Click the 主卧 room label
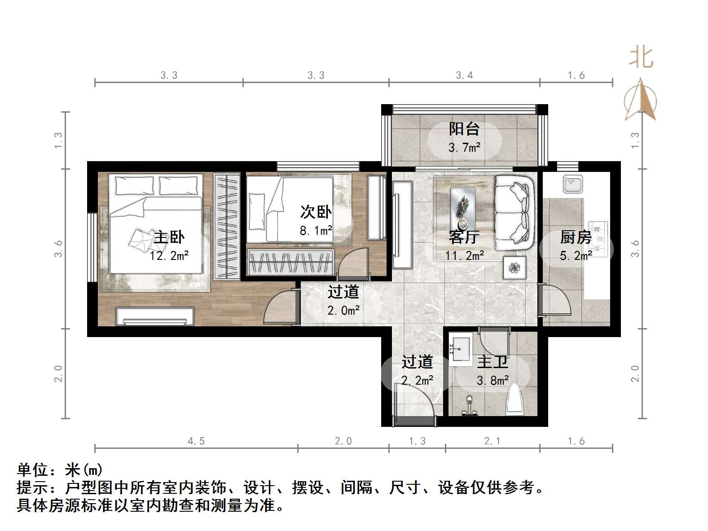(x=169, y=237)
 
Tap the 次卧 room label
(x=316, y=212)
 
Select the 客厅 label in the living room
(x=464, y=237)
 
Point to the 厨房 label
(x=576, y=237)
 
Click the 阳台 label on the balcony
(x=464, y=129)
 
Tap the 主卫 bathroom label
(x=492, y=362)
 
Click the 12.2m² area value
(x=169, y=256)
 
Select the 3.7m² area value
(x=464, y=147)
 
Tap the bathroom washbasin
(x=460, y=348)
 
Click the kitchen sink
(x=573, y=184)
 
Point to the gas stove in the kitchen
(x=598, y=239)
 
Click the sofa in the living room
(x=514, y=212)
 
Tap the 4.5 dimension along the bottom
(x=196, y=441)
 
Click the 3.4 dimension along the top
(x=464, y=75)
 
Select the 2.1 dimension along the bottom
(x=492, y=441)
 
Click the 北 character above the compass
(x=641, y=58)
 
